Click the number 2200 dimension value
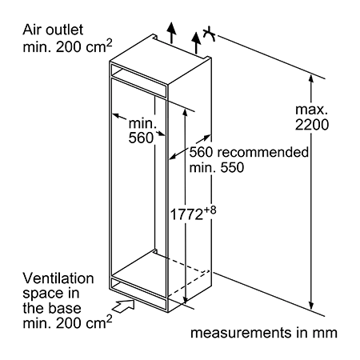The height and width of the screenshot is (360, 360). click(312, 125)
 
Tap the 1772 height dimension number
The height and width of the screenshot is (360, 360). click(186, 214)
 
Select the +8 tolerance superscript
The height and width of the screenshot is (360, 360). click(210, 210)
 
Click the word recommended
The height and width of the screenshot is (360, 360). click(263, 152)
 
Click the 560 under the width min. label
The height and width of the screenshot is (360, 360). click(141, 138)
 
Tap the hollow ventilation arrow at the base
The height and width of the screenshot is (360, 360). click(123, 305)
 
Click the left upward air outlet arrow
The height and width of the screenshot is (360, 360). click(172, 33)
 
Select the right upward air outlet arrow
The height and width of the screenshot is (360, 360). click(196, 42)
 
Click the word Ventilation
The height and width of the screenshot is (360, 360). click(58, 278)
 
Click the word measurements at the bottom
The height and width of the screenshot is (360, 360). click(241, 333)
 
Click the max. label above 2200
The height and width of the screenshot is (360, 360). click(311, 110)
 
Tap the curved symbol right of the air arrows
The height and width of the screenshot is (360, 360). click(209, 34)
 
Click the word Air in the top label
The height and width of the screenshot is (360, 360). click(32, 30)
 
